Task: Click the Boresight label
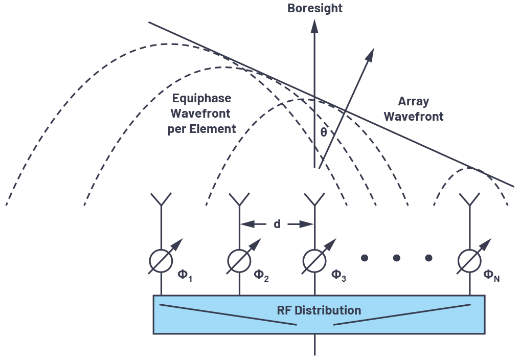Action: tap(314, 9)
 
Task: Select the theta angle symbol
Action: tap(323, 132)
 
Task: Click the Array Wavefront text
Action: tap(414, 109)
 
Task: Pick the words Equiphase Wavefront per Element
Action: tap(201, 113)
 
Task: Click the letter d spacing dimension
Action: tap(277, 223)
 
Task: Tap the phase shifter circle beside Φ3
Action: tap(314, 260)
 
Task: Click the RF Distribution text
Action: tap(319, 310)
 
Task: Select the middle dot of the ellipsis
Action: tap(396, 258)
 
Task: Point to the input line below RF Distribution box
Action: tap(314, 345)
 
